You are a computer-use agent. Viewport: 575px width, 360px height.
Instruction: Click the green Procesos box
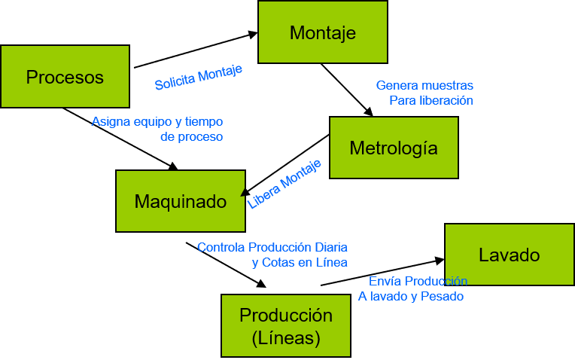click(65, 77)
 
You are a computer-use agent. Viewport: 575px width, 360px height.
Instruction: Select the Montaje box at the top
click(322, 32)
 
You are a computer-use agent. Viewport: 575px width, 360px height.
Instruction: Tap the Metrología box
click(393, 148)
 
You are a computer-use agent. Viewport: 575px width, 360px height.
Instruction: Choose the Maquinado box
click(180, 201)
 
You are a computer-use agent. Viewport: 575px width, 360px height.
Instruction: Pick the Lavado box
click(509, 255)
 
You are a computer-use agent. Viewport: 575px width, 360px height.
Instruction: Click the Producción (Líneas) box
click(285, 325)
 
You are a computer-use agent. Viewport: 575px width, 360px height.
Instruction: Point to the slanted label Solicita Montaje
click(199, 78)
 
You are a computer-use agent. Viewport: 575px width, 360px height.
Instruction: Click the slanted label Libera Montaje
click(284, 184)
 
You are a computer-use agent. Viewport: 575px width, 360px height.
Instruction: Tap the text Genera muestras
click(424, 86)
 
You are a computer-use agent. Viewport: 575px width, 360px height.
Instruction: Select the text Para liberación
click(430, 100)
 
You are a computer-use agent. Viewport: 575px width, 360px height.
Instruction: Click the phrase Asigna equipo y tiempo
click(157, 121)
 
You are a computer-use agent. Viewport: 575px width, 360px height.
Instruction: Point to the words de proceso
click(191, 137)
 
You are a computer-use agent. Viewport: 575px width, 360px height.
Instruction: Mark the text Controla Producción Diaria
click(272, 247)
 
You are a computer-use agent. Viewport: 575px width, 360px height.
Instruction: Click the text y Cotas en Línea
click(299, 262)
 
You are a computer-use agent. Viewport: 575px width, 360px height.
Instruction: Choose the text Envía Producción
click(418, 281)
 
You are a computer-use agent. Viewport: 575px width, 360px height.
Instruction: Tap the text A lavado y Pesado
click(410, 296)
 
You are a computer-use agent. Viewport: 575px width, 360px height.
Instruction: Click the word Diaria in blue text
click(331, 247)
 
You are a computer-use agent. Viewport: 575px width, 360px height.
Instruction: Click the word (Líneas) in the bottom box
click(286, 338)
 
